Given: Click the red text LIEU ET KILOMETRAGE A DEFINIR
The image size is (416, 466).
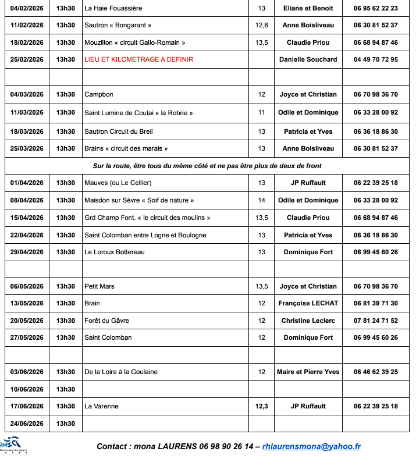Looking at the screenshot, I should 138,59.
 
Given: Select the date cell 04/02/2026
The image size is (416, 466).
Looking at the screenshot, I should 27,8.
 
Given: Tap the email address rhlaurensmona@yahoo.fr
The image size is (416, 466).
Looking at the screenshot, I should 311,446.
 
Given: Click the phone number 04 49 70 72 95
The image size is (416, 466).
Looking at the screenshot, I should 375,59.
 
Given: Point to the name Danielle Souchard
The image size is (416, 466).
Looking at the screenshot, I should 308,59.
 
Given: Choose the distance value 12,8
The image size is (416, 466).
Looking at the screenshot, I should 261,25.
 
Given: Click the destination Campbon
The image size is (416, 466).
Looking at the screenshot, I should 99,94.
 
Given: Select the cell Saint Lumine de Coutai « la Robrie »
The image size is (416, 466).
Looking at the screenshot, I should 138,112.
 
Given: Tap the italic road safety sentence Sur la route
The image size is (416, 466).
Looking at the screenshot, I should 207,166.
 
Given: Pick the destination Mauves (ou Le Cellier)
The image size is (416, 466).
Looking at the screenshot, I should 118,183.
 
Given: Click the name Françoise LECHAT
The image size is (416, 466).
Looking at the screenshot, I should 308,303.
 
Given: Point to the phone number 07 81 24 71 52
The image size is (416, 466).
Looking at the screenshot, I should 375,321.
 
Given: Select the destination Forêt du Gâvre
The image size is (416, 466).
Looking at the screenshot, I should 107,321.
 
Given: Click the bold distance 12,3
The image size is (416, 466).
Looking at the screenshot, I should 261,406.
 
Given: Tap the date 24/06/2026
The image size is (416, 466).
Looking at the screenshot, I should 27,424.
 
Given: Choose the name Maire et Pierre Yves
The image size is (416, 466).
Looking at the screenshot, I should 308,372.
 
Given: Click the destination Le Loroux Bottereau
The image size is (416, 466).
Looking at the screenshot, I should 115,252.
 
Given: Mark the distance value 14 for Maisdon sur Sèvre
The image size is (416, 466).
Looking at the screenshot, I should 261,200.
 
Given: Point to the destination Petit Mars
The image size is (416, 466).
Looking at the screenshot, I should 99,286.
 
